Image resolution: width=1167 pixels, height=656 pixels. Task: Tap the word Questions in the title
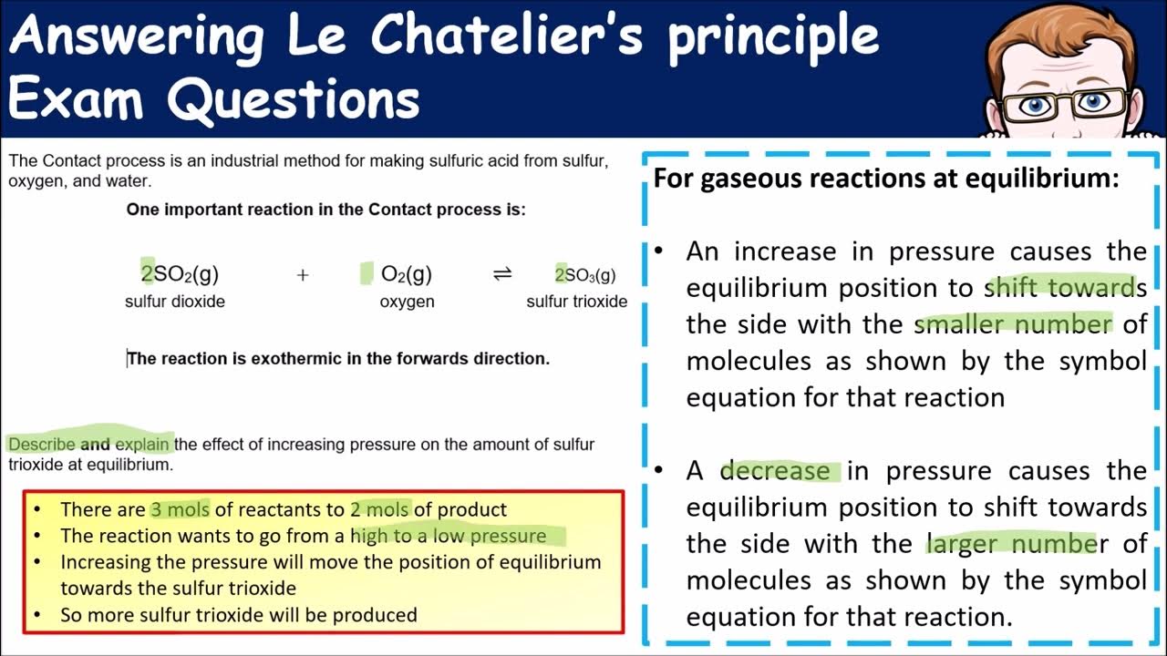[294, 98]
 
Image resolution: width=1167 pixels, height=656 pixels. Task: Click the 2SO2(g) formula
[180, 274]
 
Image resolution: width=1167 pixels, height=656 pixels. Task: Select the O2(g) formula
[407, 274]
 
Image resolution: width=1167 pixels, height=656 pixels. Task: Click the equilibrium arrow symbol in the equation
[502, 274]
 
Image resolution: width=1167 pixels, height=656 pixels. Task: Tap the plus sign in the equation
[303, 275]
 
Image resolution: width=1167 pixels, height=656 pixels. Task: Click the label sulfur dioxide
[175, 302]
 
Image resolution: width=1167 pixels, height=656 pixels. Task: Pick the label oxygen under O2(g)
[407, 302]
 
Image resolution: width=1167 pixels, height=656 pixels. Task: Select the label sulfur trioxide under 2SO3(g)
[576, 302]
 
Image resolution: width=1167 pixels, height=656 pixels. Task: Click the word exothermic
[294, 359]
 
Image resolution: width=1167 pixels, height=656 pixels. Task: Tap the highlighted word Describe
[41, 445]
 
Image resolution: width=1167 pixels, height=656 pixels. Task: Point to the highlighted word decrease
[775, 471]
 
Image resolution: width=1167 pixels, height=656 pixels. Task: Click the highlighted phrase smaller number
[1013, 324]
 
